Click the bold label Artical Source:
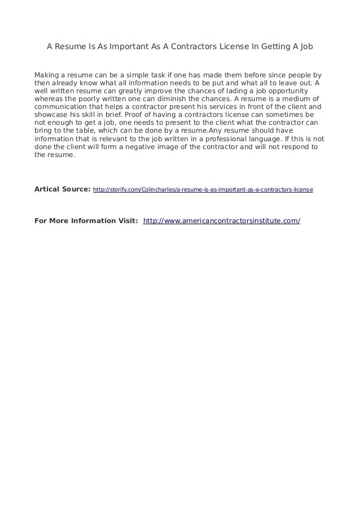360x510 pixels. pyautogui.click(x=62, y=190)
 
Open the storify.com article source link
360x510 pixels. pyautogui.click(x=203, y=191)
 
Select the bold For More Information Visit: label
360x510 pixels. pyautogui.click(x=86, y=220)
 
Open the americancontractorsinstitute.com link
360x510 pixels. pyautogui.click(x=222, y=220)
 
